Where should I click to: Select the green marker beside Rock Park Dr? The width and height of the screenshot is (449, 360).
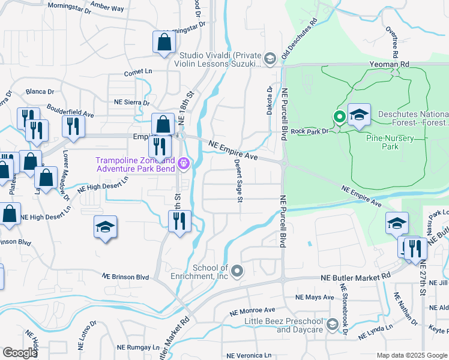pos(339,117)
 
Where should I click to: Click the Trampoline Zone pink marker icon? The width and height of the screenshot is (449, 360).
pos(184,163)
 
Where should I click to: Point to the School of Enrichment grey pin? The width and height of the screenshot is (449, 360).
pos(238,271)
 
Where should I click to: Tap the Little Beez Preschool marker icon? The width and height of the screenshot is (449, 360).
pos(333,325)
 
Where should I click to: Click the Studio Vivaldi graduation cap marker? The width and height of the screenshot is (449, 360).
pos(270,58)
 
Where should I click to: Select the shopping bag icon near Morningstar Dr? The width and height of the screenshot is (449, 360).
pos(164,43)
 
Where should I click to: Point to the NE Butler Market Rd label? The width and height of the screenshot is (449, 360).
pos(355,277)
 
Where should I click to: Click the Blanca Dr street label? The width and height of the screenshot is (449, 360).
pos(40,92)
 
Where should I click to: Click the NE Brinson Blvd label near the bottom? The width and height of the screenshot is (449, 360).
pos(125,277)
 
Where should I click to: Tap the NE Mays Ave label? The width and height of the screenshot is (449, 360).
pos(315,297)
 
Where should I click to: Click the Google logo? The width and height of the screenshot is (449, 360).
pos(20,353)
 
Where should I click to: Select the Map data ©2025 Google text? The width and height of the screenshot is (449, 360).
pos(411,355)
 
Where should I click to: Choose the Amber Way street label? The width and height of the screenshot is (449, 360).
pos(109,9)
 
